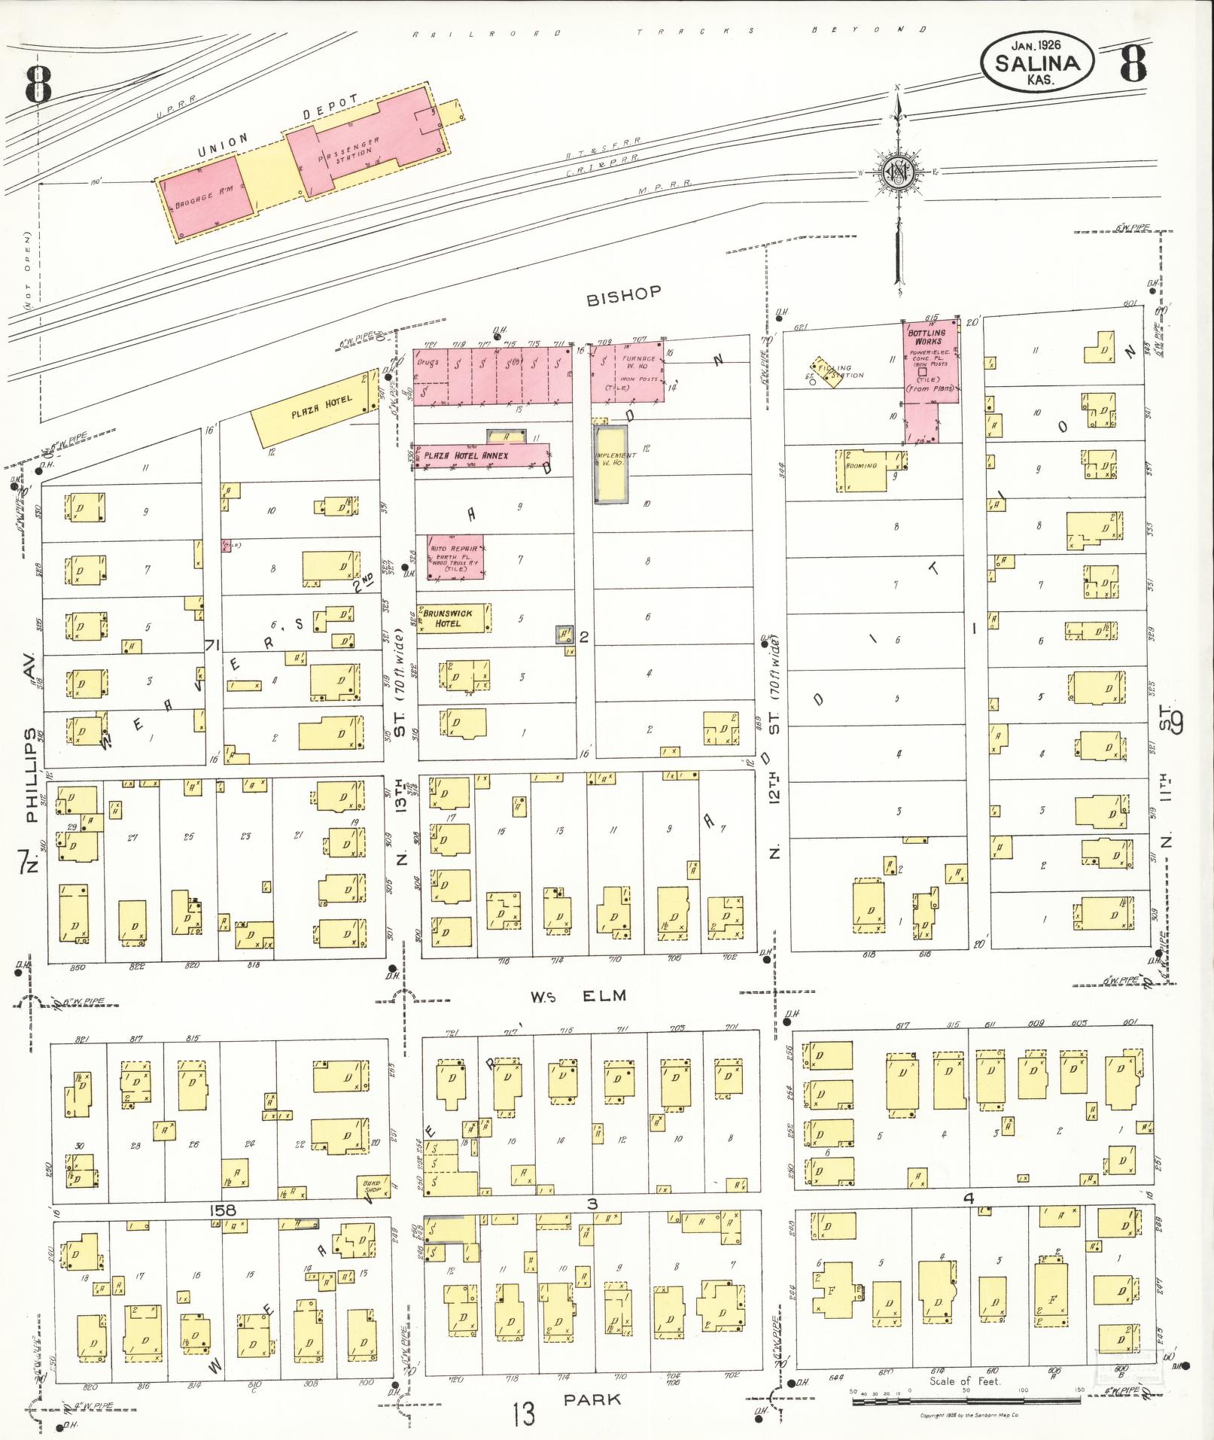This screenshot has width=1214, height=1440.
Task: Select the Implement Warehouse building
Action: [x=611, y=464]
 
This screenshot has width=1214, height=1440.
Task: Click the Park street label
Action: [x=594, y=1399]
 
